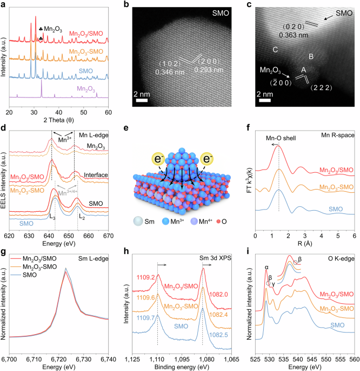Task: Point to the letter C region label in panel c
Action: pos(276,50)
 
